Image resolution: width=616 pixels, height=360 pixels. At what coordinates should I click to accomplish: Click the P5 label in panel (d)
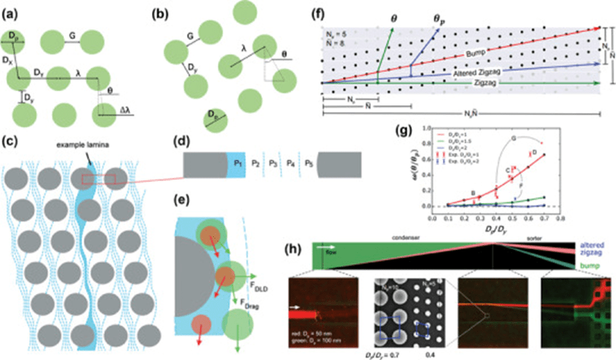311,164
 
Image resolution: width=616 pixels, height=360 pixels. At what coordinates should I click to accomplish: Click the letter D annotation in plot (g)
533,152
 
